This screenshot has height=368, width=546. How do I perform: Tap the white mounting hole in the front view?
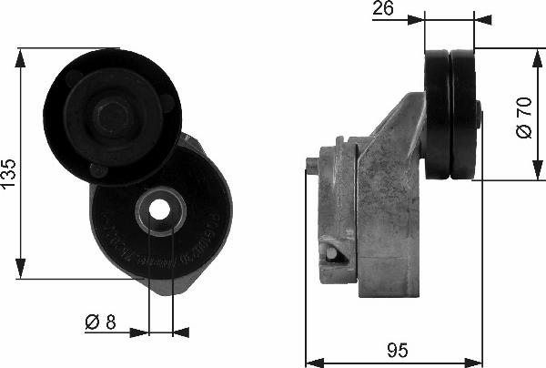(x=160, y=210)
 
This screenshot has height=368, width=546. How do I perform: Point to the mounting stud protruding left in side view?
(x=313, y=165)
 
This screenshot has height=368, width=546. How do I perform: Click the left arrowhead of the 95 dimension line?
(x=310, y=357)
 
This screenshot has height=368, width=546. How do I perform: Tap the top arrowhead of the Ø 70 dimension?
(x=534, y=54)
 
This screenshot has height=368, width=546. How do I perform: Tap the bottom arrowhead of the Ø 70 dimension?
(x=534, y=178)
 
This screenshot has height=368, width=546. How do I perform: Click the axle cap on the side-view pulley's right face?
(x=479, y=115)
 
